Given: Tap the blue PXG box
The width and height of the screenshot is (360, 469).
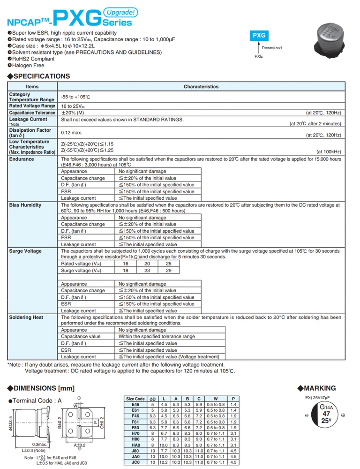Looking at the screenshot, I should tap(259, 35).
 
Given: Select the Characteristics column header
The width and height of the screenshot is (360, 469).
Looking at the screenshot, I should tap(201, 87).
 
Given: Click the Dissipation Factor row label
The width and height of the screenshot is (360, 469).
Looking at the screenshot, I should tap(30, 133).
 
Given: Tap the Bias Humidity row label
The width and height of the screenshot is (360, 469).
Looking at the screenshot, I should tap(25, 205).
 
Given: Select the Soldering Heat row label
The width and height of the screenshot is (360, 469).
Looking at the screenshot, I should tap(26, 318).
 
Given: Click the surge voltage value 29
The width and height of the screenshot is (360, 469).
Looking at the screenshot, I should tap(169, 271).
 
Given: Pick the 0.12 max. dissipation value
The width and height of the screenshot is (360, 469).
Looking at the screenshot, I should tap(72, 133).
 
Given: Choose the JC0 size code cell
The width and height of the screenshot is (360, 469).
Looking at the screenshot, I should tap(135, 462).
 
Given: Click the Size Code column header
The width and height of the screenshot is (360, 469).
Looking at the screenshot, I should tap(135, 399).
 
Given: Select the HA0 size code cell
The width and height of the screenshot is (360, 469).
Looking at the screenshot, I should tap(135, 445).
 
